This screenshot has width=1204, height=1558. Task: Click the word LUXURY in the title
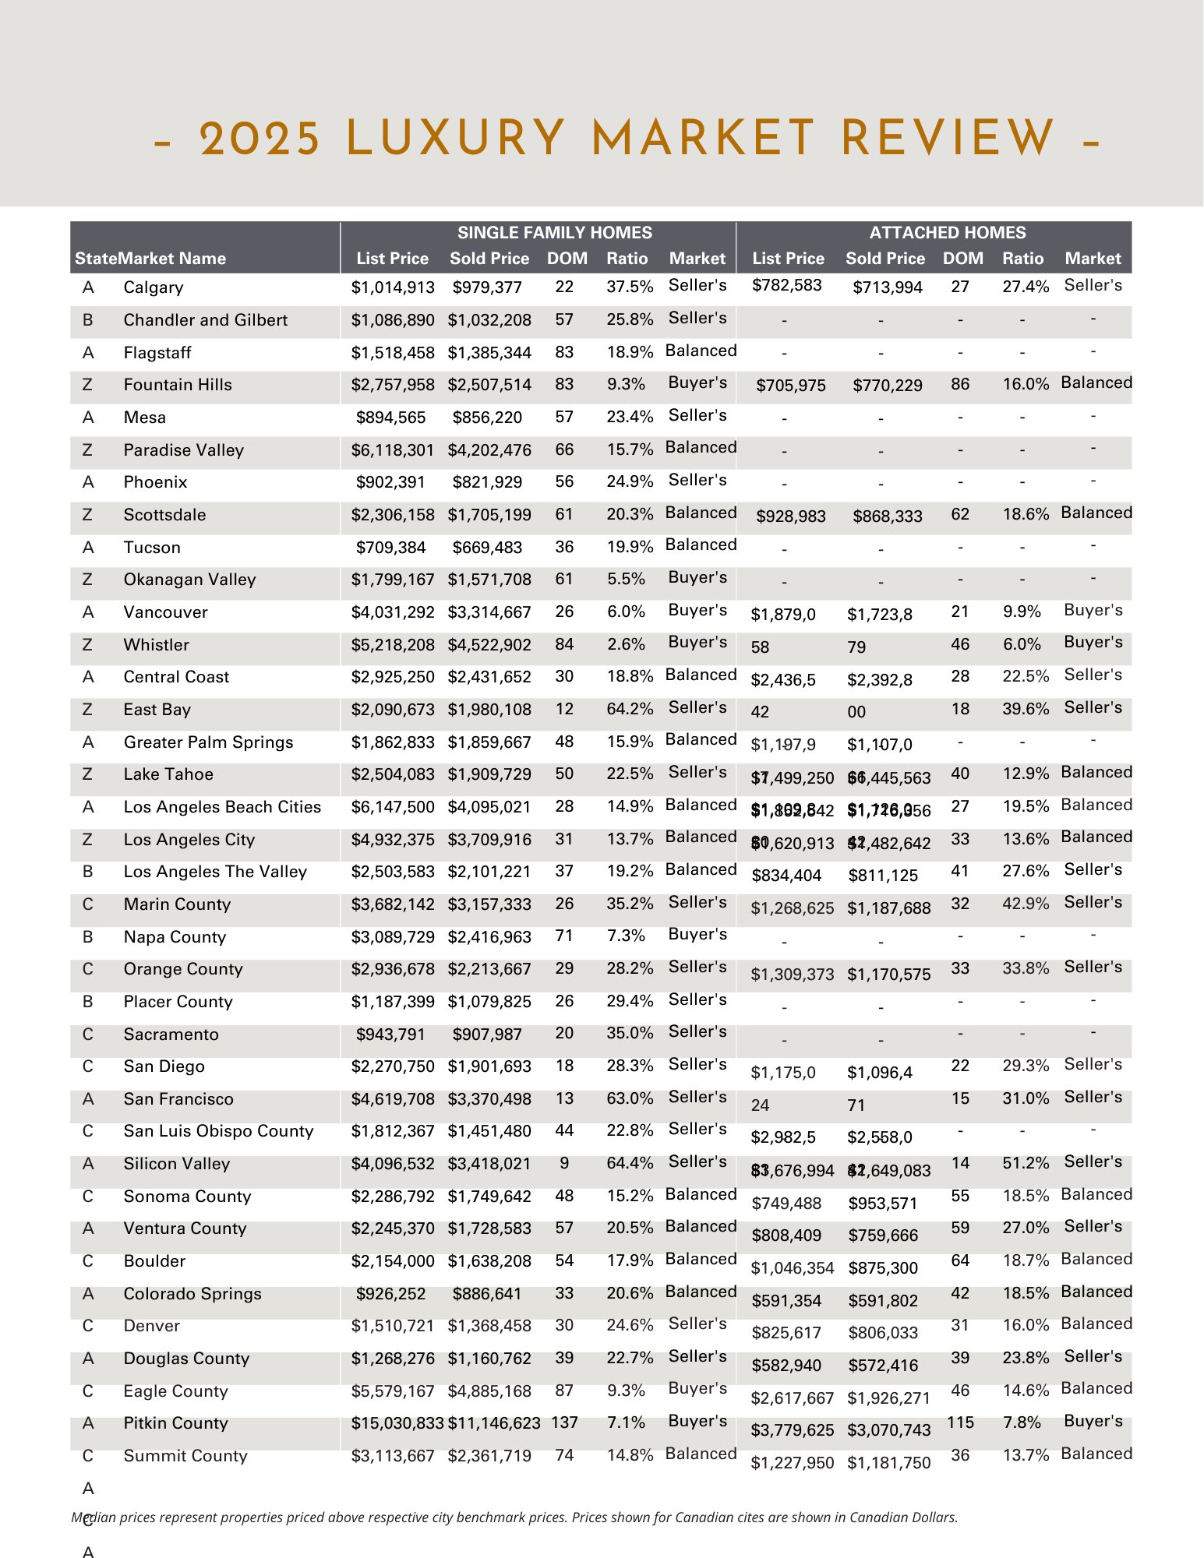tap(456, 139)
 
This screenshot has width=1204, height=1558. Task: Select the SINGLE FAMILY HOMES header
tap(554, 232)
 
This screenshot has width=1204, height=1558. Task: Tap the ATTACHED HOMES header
tap(947, 232)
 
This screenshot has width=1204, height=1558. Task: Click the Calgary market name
tap(154, 287)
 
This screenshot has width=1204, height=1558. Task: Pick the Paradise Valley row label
tap(183, 450)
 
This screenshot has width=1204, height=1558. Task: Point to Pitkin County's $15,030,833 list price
tap(397, 1423)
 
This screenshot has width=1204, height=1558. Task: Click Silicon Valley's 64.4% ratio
tap(630, 1163)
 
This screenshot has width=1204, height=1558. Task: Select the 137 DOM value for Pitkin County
tap(564, 1422)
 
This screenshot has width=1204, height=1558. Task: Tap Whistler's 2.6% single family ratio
tap(626, 644)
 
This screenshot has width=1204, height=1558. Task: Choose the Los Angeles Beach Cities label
tap(222, 807)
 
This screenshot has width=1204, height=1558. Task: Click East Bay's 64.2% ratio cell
tap(630, 709)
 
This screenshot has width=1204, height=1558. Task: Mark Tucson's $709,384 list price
tap(390, 548)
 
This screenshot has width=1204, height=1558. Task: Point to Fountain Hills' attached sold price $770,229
tap(887, 386)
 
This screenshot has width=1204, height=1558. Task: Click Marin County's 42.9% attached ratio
tap(1026, 904)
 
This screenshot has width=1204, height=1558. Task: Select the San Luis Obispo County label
tap(218, 1131)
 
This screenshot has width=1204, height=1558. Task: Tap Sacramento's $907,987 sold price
tap(487, 1035)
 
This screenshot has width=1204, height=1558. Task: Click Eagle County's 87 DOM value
tap(564, 1391)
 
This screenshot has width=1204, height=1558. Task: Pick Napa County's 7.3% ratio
tap(626, 936)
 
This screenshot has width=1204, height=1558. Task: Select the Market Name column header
tap(172, 259)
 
